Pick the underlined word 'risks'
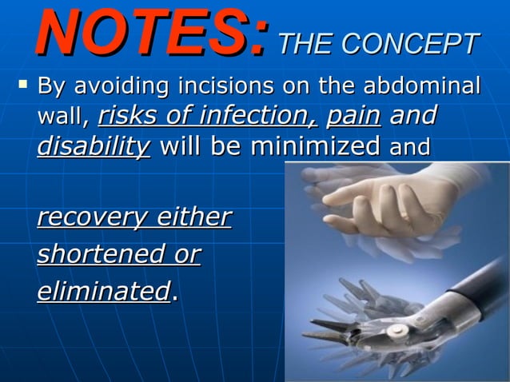(x=129, y=117)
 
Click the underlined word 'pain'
(x=353, y=117)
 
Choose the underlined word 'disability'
(x=94, y=147)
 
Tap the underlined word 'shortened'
(x=95, y=254)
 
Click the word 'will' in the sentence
(x=182, y=146)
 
